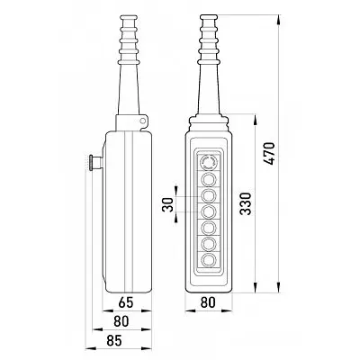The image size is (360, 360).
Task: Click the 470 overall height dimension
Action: click(270, 153)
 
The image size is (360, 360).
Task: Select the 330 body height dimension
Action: click(246, 203)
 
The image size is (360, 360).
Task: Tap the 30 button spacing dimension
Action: click(169, 204)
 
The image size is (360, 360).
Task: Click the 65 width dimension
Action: click(125, 302)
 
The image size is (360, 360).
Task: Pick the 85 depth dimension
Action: click(114, 340)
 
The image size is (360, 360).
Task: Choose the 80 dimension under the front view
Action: click(208, 302)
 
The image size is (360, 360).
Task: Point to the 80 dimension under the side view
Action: click(121, 321)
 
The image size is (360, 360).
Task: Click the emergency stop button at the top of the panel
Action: click(209, 163)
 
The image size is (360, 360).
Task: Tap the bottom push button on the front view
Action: click(209, 259)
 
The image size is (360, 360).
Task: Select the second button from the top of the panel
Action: click(209, 179)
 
